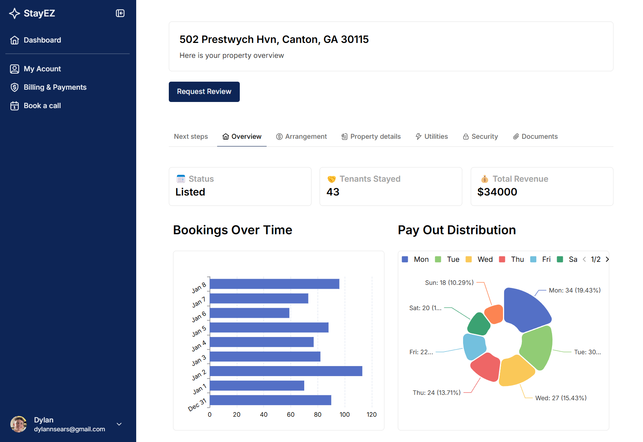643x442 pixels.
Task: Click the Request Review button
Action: (204, 92)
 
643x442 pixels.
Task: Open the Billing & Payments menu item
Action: (55, 87)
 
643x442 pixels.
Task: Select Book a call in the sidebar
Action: (42, 106)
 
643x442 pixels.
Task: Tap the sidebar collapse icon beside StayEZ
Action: (120, 13)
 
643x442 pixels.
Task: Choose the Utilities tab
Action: (432, 136)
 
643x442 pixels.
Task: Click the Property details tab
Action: (371, 136)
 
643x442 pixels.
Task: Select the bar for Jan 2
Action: (286, 371)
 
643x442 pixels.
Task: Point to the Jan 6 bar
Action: (249, 313)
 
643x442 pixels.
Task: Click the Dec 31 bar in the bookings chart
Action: (270, 400)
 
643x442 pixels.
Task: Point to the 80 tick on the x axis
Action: (318, 414)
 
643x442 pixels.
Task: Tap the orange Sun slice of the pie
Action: (494, 314)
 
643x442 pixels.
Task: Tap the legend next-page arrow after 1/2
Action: (607, 260)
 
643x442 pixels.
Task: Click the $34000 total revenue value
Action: (497, 192)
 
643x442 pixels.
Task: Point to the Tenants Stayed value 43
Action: (333, 192)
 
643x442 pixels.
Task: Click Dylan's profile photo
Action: (18, 424)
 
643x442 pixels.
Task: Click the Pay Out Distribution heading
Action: (457, 230)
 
